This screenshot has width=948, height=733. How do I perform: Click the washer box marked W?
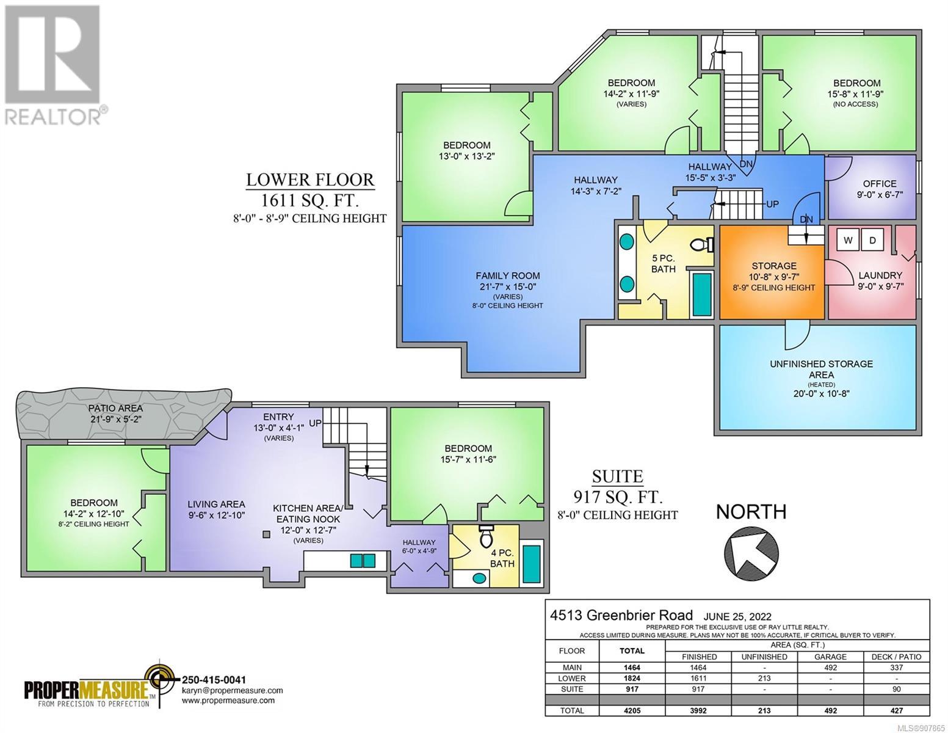pos(848,241)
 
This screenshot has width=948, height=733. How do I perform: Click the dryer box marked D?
pos(872,241)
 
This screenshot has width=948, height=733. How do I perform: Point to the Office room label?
pos(880,184)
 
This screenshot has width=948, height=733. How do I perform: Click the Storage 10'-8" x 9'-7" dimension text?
pos(774,277)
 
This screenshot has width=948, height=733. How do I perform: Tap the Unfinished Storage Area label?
pos(821,370)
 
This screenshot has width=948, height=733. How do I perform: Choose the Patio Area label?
pos(115,408)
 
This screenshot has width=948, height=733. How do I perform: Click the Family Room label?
pos(507,276)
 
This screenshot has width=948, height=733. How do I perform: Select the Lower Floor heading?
pos(310,180)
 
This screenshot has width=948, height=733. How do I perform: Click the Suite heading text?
pos(617,476)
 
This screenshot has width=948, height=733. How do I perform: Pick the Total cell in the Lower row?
pos(632,679)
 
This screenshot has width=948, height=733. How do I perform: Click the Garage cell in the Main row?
pos(830,668)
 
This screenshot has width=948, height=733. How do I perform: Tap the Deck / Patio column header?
pos(896,657)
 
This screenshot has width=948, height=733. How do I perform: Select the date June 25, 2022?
pos(737,616)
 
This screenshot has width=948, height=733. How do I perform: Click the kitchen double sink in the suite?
pos(363,561)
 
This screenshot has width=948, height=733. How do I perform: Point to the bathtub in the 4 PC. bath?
pos(532,564)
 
